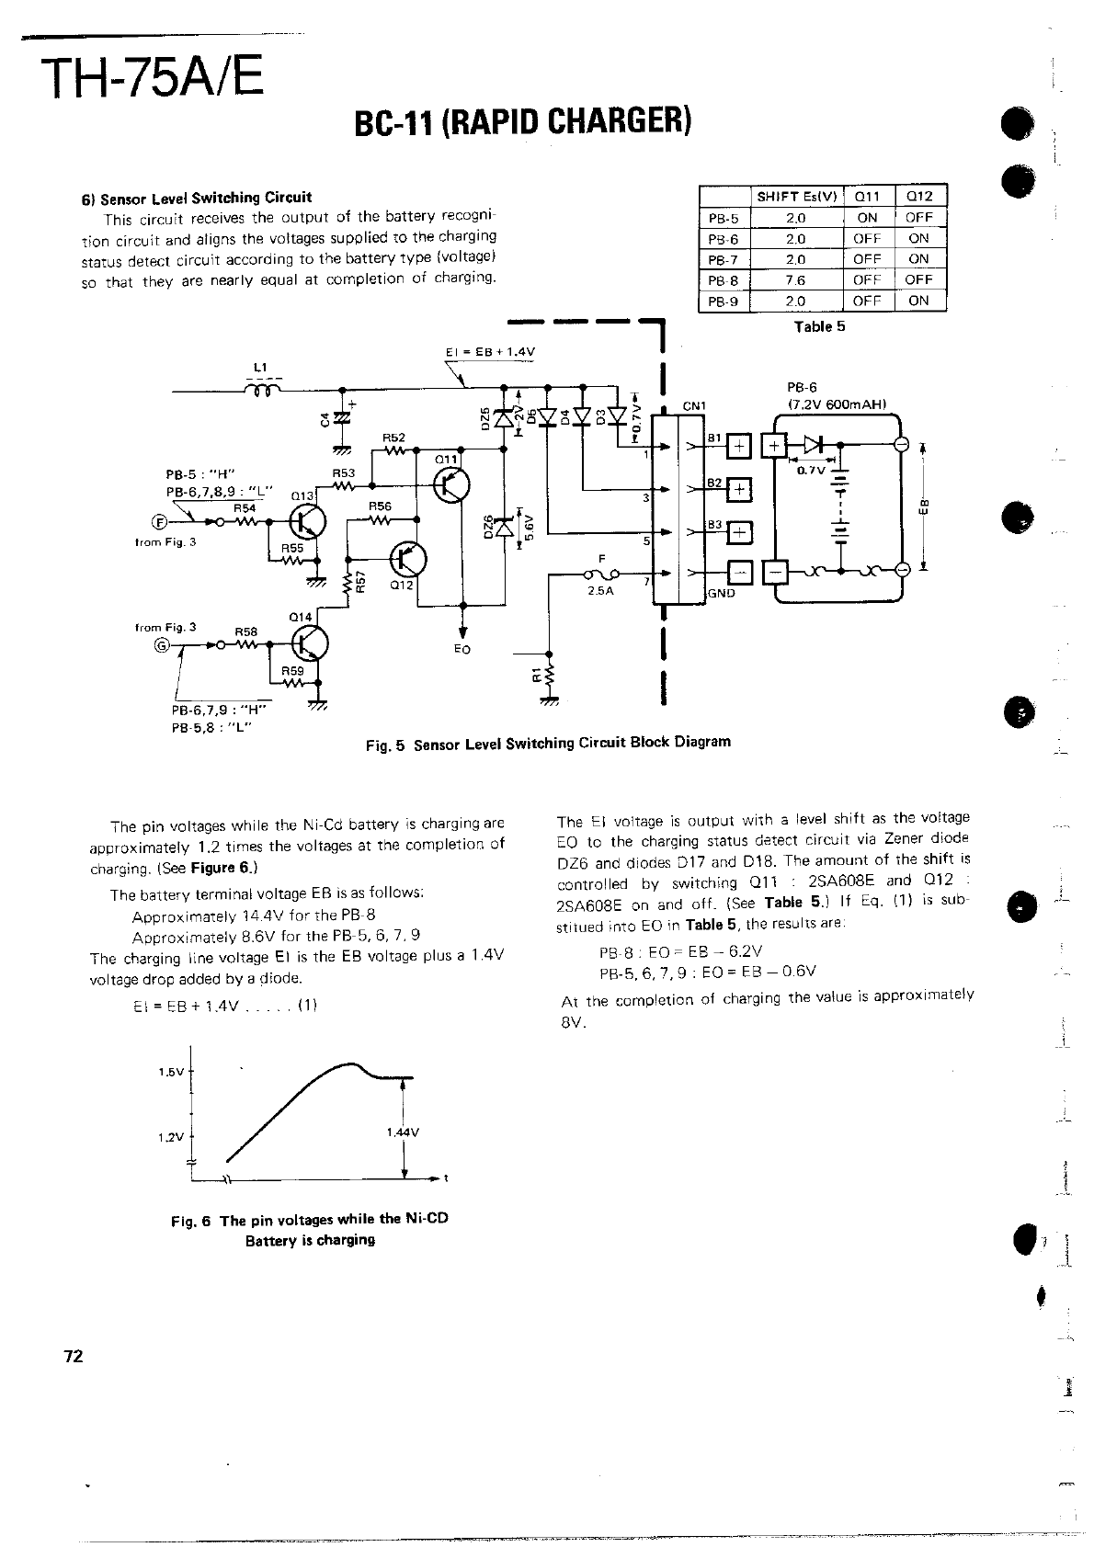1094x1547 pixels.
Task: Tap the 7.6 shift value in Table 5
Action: (796, 279)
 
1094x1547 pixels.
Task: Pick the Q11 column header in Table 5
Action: (866, 196)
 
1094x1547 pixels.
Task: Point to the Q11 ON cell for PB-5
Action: (866, 218)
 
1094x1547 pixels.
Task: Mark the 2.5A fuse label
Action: (599, 592)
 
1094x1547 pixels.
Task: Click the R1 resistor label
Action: (538, 677)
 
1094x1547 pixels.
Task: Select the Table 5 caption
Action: (819, 326)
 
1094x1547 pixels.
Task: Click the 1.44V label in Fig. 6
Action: (403, 1132)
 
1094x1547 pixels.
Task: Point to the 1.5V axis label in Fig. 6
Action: (171, 1072)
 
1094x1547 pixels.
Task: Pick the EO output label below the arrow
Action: (462, 649)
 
